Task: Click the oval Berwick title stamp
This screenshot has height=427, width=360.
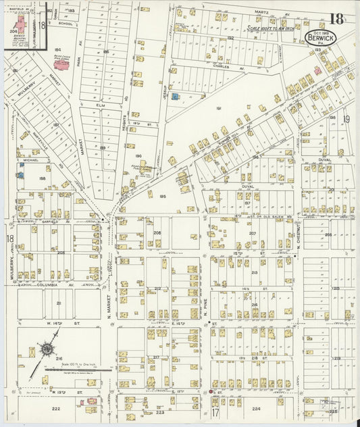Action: click(320, 38)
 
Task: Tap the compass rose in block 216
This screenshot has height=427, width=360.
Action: click(47, 349)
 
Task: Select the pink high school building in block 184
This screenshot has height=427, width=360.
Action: click(61, 65)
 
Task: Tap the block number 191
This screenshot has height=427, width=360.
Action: click(218, 108)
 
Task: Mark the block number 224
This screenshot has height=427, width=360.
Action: click(256, 409)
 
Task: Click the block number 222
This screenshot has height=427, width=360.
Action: click(56, 409)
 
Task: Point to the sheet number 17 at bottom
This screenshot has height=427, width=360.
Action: click(215, 412)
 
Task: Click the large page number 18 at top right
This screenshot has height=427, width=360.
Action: click(336, 19)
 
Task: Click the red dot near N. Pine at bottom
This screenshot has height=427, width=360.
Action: click(211, 391)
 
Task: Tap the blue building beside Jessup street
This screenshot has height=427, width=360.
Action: click(175, 97)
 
